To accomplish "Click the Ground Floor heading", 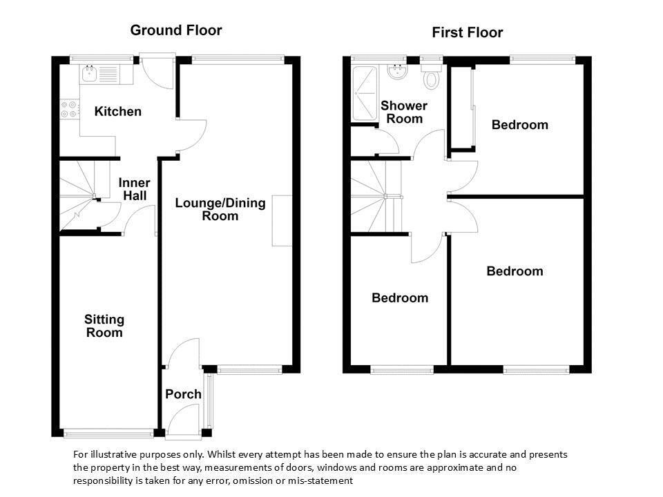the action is pos(176,30).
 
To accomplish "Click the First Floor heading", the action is pos(468,32).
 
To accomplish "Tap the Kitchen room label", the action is pos(117,112).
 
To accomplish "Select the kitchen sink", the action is pos(89,74).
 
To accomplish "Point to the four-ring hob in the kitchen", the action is pos(69,108).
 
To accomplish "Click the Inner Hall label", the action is pos(135,189).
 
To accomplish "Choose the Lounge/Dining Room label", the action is pos(220,209).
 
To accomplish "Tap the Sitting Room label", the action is pos(104,326).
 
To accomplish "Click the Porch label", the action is pos(183,394).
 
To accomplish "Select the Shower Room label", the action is pos(404,112).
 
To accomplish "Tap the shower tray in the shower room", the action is pos(365,93).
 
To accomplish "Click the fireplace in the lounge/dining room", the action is pos(282,221).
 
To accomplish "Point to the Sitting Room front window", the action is pos(108,433).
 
